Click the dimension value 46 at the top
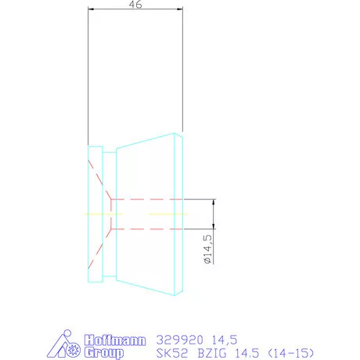(136, 5)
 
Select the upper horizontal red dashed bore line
(157, 199)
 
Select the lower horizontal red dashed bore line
(157, 229)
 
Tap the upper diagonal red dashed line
(100, 179)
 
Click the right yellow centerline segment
(167, 214)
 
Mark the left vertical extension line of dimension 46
(88, 78)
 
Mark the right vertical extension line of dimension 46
(183, 70)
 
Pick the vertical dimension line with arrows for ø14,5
(214, 214)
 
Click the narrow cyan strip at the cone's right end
(181, 213)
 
